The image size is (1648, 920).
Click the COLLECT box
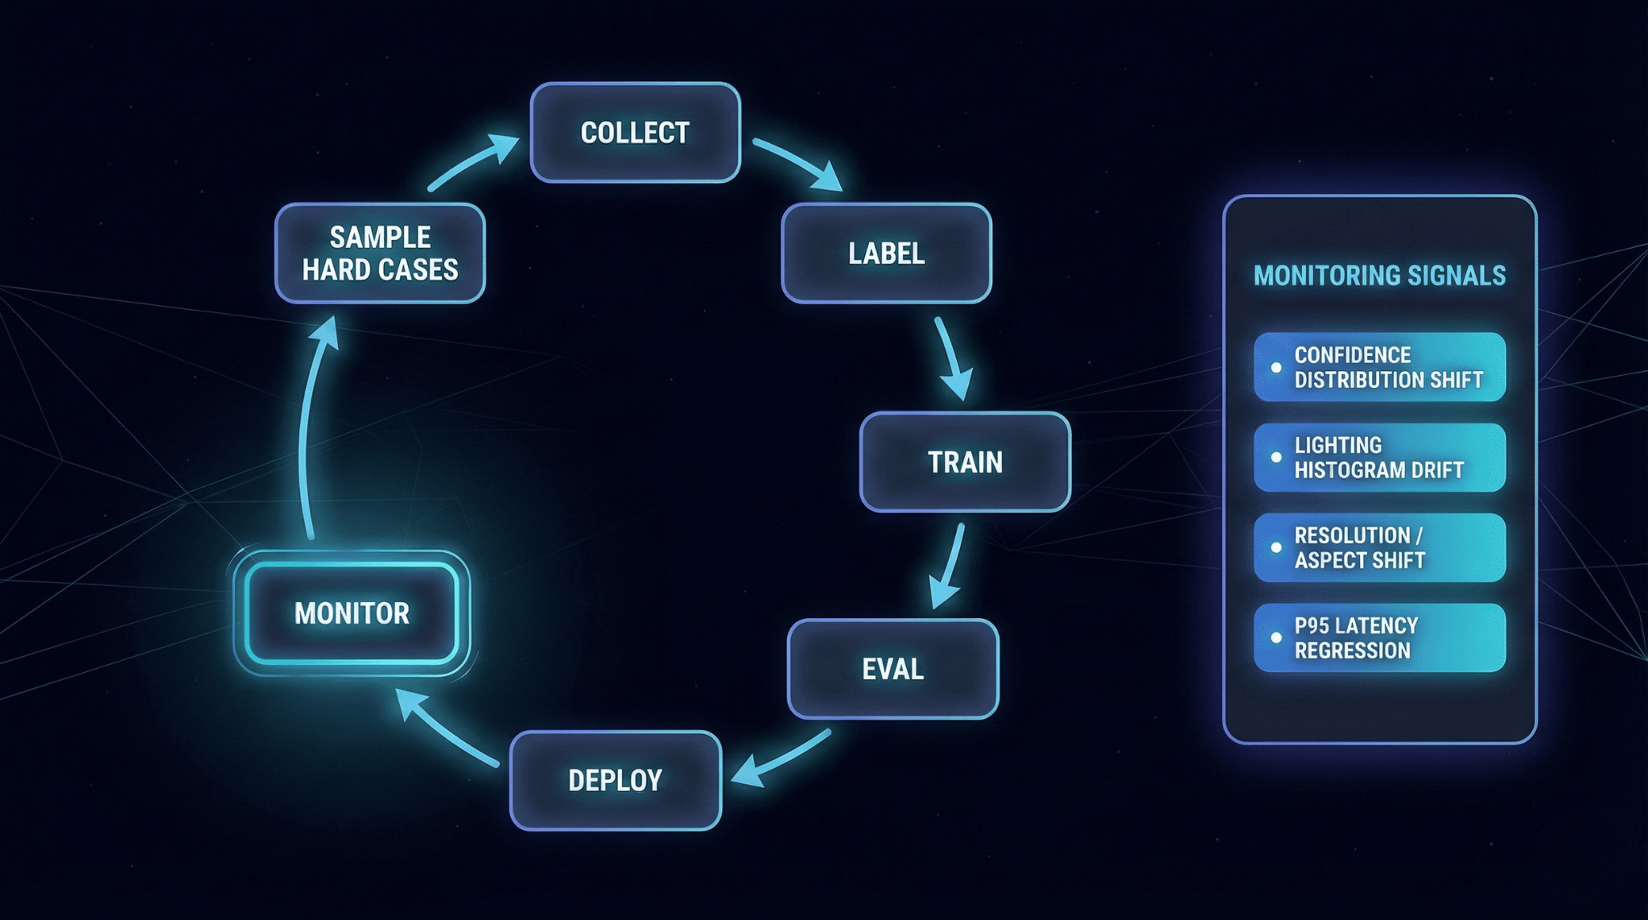click(x=635, y=133)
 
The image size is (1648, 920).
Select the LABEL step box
click(x=886, y=254)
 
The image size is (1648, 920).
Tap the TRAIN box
click(x=965, y=462)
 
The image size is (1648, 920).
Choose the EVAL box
click(x=892, y=669)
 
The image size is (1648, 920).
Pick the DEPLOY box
click(x=616, y=780)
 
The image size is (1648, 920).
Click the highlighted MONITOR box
click(x=352, y=613)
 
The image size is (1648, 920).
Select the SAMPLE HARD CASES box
click(x=380, y=254)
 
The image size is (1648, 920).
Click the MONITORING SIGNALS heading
click(x=1379, y=276)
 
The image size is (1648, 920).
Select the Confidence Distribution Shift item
click(x=1379, y=367)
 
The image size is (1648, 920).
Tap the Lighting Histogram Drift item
click(x=1379, y=457)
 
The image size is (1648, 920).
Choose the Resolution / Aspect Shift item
click(x=1379, y=547)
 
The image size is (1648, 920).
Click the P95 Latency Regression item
click(x=1379, y=637)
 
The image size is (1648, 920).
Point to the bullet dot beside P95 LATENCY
click(x=1275, y=637)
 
